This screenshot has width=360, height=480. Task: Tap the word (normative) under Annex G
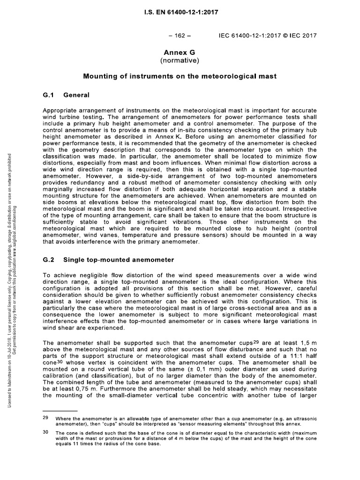click(180, 60)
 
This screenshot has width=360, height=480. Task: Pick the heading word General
click(76, 95)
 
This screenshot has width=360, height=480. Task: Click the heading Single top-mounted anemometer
click(119, 259)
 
